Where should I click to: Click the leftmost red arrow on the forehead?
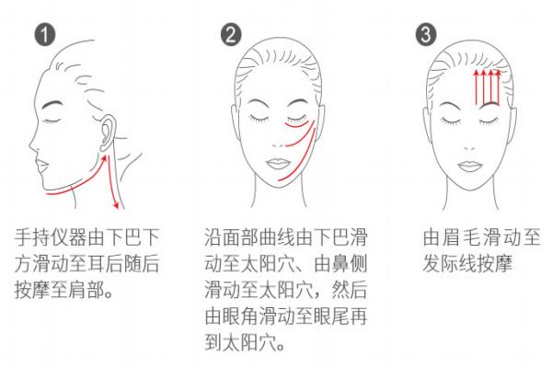475,87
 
